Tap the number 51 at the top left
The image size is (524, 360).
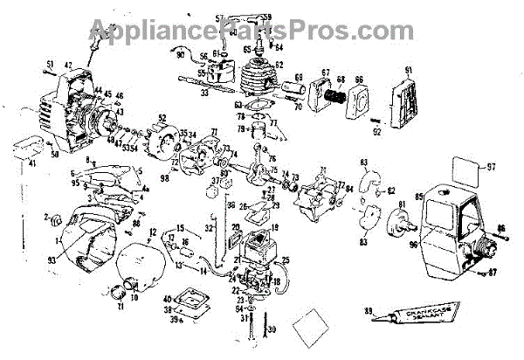(50, 63)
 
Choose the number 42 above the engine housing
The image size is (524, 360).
(67, 66)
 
